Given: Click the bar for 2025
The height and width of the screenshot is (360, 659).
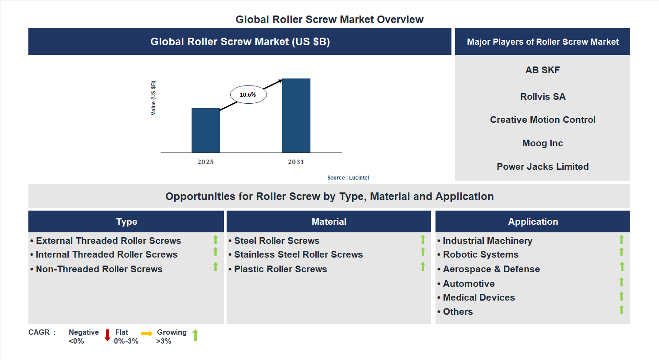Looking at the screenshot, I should (205, 130).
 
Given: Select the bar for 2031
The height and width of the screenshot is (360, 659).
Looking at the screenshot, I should (296, 116).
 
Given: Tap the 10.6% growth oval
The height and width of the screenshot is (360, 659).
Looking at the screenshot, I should (248, 94).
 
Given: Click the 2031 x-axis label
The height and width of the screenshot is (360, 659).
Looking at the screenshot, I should (296, 162).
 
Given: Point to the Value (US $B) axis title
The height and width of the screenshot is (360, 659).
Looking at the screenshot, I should (153, 98).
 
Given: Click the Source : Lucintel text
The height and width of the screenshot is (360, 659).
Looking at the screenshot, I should (348, 177).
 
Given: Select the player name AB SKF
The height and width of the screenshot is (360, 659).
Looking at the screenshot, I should (542, 70).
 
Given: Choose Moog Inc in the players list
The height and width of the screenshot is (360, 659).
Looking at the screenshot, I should (542, 143).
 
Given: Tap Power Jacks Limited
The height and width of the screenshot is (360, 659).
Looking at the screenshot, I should (542, 167).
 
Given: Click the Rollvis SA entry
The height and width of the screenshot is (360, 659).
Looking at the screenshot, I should (542, 97).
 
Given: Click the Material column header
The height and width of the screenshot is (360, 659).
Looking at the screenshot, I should (329, 222).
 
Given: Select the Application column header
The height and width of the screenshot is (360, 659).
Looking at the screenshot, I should (533, 222).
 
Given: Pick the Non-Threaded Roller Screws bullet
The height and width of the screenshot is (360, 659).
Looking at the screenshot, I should (99, 269).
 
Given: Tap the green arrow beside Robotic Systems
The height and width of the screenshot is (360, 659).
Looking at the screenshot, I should (621, 252).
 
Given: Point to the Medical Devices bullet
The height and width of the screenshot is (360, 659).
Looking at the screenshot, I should (479, 297).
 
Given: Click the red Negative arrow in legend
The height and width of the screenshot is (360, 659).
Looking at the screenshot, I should (107, 335).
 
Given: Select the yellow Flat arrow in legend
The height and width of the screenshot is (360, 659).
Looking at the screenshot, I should (147, 333).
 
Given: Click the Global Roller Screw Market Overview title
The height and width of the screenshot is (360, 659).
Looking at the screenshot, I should (329, 20).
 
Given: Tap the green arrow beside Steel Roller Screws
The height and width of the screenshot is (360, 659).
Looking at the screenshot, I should (423, 239).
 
